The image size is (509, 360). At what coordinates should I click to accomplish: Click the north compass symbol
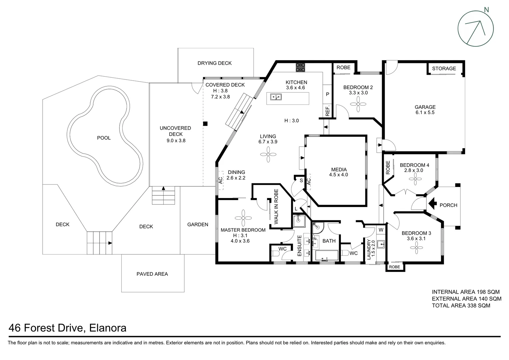point(475,28)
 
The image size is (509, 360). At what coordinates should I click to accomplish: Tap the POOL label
point(104,138)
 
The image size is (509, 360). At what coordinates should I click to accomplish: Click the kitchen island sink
point(276,97)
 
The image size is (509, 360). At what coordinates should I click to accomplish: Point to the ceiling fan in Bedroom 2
point(358,104)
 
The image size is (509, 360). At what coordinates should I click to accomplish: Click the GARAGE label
point(425,107)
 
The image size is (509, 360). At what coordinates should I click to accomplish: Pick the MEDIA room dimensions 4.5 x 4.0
point(338,175)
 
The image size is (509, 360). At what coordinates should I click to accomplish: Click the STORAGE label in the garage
point(444,68)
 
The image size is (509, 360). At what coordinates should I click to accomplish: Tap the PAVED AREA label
point(152,274)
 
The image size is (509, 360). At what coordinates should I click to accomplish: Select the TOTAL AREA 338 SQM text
point(461,305)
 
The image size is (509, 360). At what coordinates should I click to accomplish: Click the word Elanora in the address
point(108,328)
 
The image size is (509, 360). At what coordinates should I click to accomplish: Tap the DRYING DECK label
point(214,63)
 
